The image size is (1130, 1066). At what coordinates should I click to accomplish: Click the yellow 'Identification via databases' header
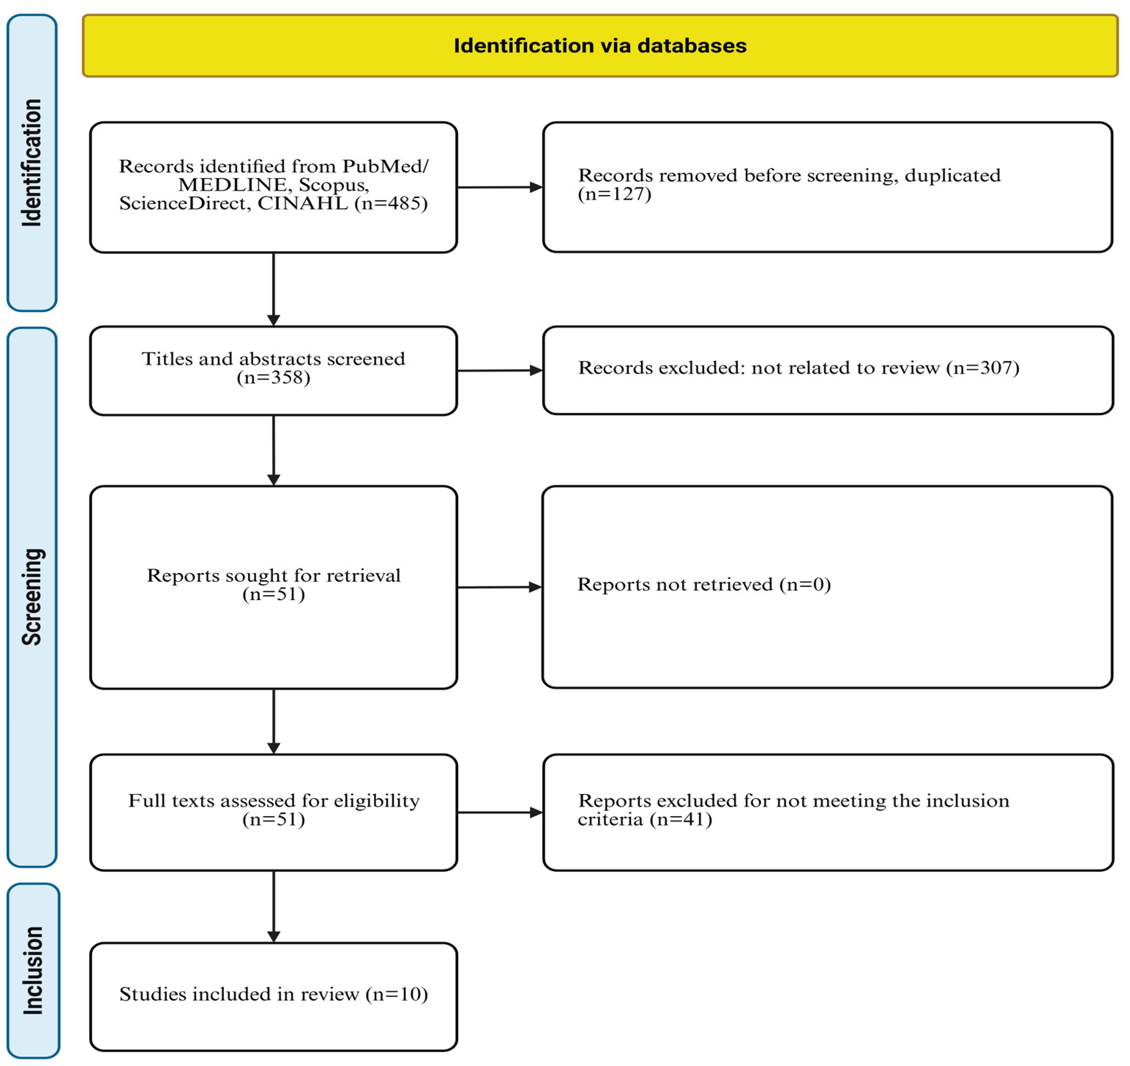(600, 45)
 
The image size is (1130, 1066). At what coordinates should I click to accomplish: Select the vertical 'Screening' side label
(32, 596)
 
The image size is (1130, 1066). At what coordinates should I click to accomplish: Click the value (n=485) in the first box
(391, 203)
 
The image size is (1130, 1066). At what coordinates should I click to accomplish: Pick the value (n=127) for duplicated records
(614, 194)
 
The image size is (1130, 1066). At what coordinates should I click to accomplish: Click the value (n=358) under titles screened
(273, 378)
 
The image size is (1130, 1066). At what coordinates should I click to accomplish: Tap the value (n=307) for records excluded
(982, 368)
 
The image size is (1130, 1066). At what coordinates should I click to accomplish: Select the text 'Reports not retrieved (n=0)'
(704, 584)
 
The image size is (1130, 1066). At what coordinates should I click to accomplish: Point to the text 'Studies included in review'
(239, 994)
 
